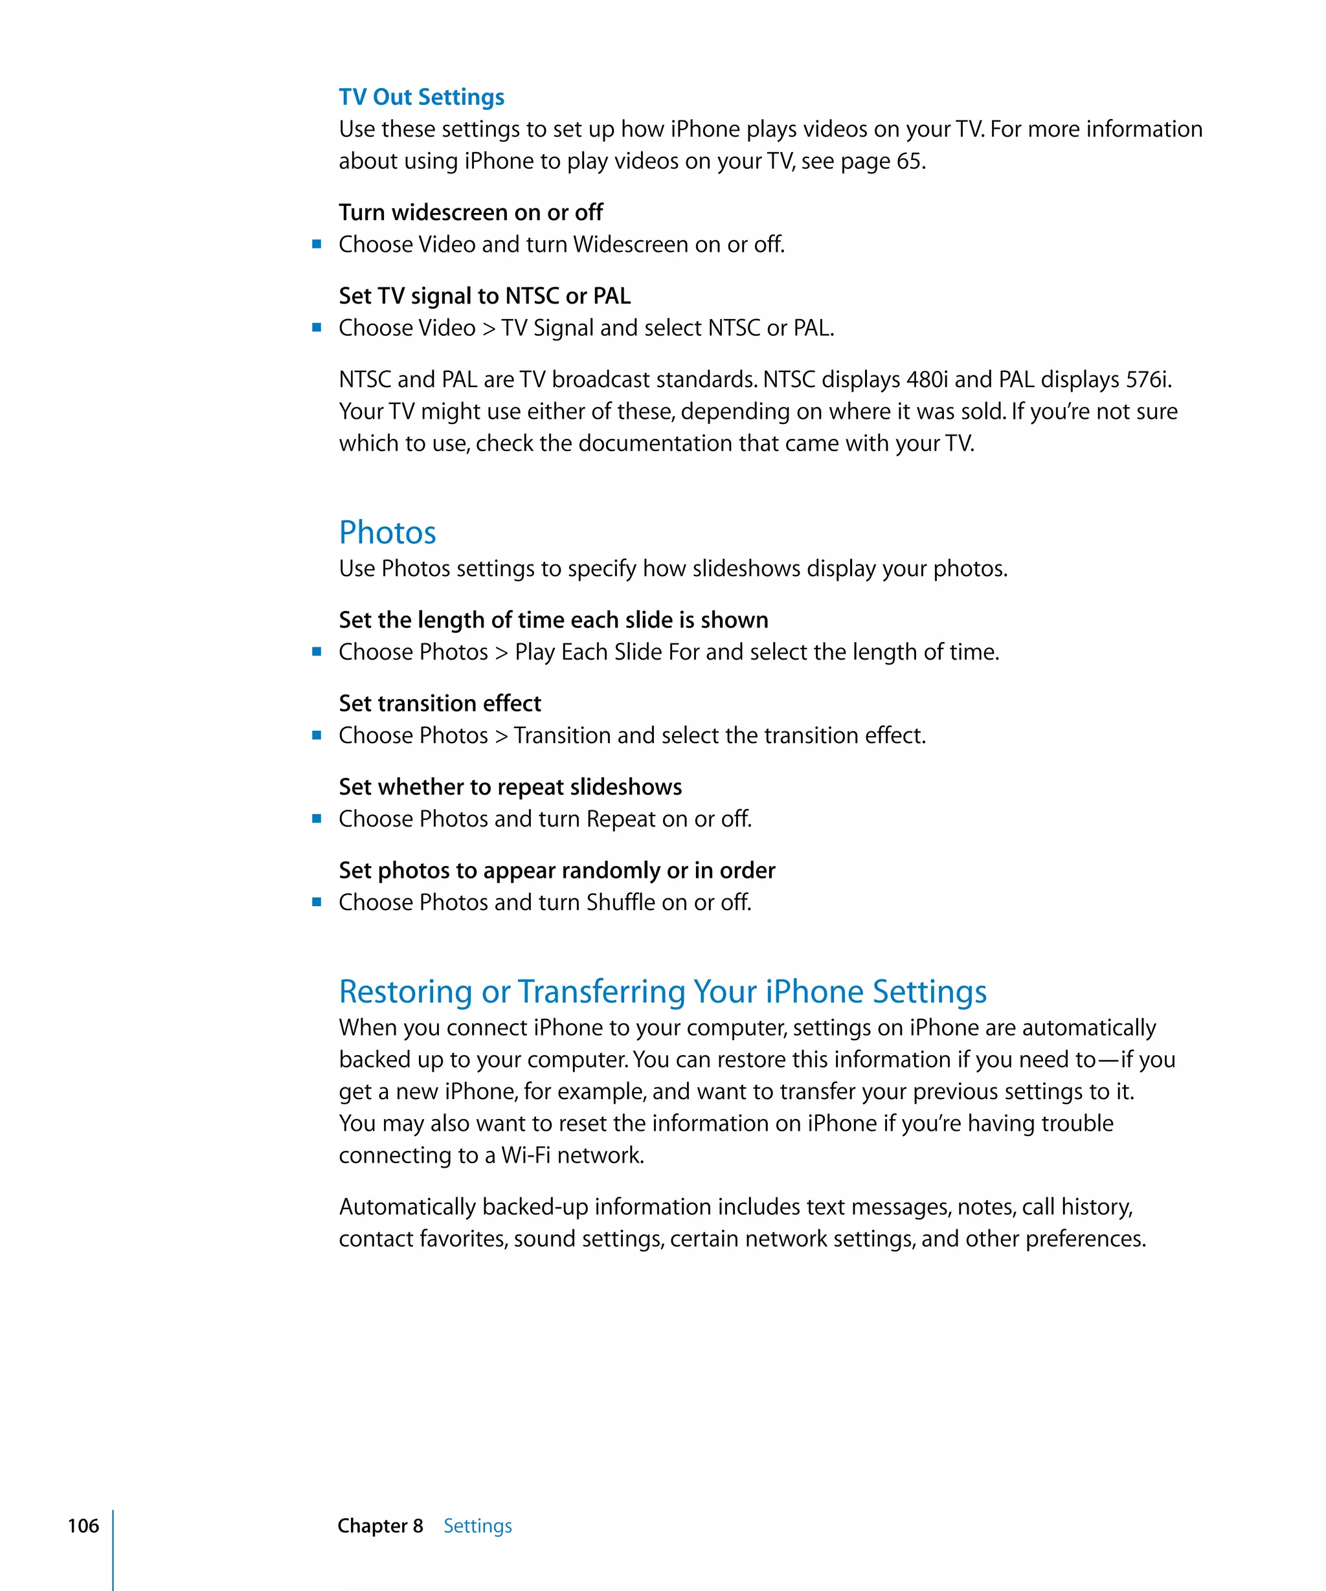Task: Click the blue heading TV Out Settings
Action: pos(421,97)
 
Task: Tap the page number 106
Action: pos(83,1525)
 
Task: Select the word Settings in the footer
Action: pos(477,1525)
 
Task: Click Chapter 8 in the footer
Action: pos(379,1525)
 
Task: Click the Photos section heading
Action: pos(387,533)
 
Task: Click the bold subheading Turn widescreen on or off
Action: pos(471,212)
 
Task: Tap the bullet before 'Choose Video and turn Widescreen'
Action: pos(317,244)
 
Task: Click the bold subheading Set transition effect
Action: pos(440,703)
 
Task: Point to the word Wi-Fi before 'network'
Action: pos(525,1155)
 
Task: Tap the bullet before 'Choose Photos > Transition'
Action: pos(317,735)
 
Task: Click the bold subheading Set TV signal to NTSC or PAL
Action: pos(484,295)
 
